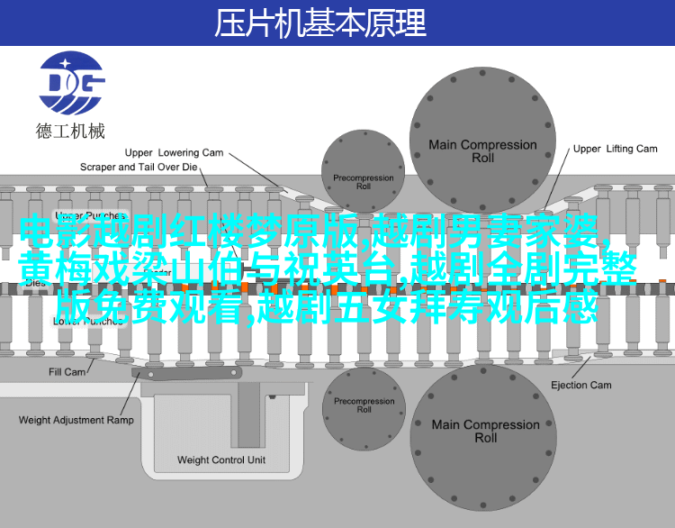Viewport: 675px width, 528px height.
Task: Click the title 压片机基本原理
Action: point(319,23)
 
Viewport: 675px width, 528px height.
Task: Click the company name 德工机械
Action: point(70,132)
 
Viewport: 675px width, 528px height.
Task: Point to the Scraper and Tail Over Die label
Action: point(138,167)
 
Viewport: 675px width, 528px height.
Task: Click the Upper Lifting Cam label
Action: point(616,149)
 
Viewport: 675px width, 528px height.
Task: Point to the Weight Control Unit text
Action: point(221,460)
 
